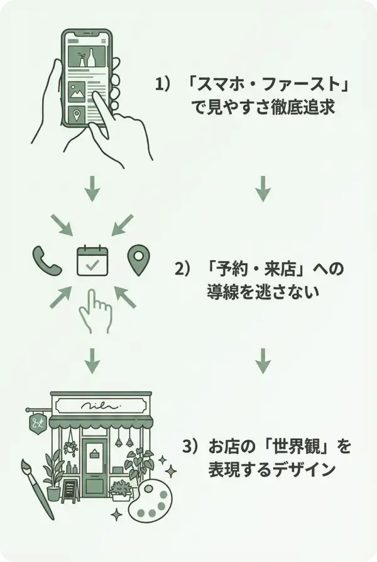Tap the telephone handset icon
coord(46,260)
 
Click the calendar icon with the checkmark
coord(92,261)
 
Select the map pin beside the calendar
coord(138,260)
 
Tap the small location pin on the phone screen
coord(77,115)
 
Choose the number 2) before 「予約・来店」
coord(182,268)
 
